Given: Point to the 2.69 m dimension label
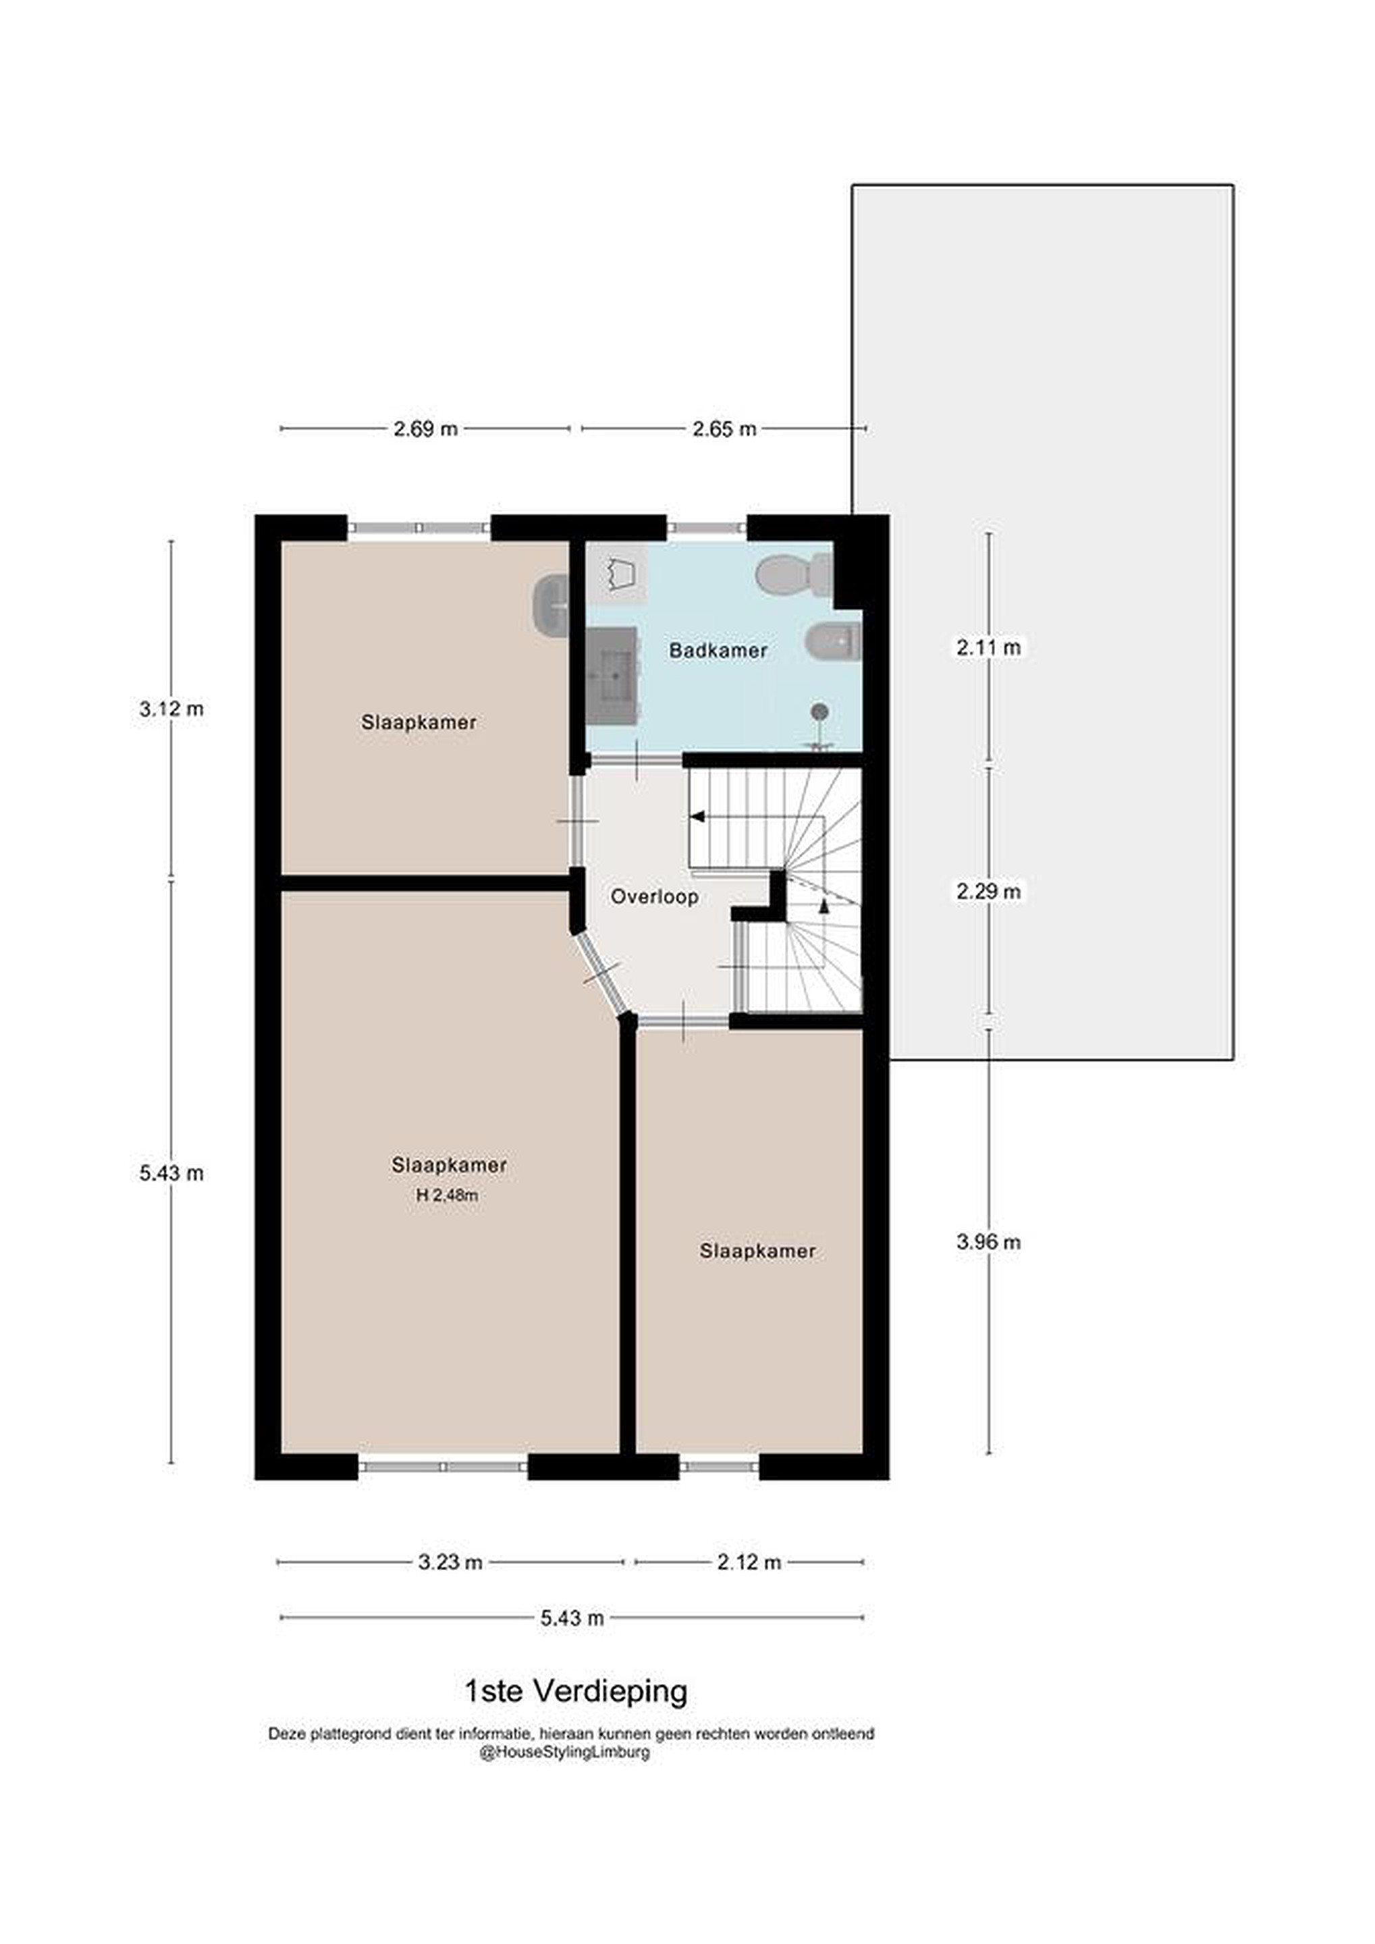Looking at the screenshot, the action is point(425,429).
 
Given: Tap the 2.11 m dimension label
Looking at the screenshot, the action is point(989,648).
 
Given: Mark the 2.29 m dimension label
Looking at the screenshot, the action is point(989,891).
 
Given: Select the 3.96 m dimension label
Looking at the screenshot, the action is point(989,1242).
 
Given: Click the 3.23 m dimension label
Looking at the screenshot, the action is point(450,1562).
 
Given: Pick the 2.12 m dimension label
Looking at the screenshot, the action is point(749,1562).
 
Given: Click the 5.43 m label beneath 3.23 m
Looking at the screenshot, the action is point(572,1618).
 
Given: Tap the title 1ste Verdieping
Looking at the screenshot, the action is point(576,1692).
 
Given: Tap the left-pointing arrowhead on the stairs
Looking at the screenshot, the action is point(698,816).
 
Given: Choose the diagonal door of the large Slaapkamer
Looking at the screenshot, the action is point(602,974).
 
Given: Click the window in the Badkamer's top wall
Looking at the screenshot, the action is point(707,527).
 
